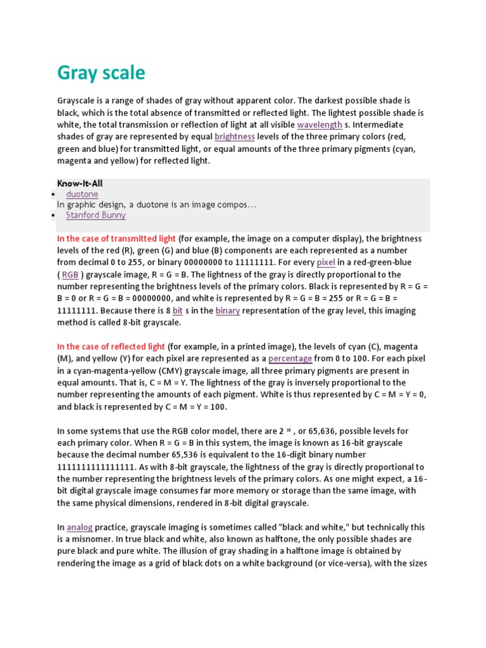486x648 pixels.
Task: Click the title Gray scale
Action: [101, 73]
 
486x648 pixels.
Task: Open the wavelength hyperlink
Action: [320, 125]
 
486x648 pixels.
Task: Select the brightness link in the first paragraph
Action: [235, 137]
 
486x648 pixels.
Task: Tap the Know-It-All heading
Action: [80, 184]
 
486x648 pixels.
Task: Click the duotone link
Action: [82, 194]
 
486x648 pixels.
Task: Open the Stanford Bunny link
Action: [96, 215]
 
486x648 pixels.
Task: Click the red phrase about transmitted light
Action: [116, 239]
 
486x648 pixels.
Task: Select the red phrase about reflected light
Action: [111, 347]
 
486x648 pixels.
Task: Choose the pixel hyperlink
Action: [326, 263]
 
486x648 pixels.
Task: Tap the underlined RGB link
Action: [70, 275]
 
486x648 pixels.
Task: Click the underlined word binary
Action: [227, 311]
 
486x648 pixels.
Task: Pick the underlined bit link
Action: [178, 311]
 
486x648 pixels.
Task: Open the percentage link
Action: [290, 359]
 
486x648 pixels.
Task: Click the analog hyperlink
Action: [80, 527]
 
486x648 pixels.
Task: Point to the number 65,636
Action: [325, 431]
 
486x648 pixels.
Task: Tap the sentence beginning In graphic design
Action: [156, 205]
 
